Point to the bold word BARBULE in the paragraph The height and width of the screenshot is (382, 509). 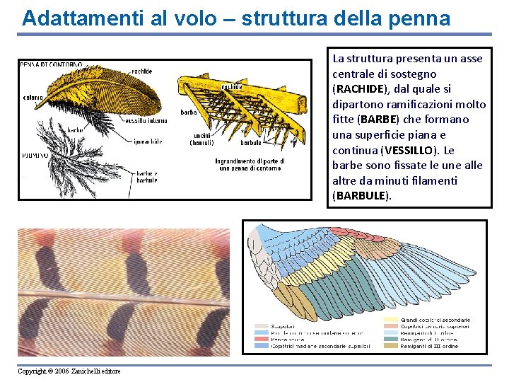(361, 196)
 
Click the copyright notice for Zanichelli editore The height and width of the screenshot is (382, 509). (69, 371)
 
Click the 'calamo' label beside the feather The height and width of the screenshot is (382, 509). (33, 98)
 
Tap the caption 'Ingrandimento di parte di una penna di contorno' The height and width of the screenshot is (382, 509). (250, 165)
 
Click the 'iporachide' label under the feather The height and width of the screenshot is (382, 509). (149, 141)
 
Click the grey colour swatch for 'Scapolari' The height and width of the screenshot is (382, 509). (261, 326)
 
